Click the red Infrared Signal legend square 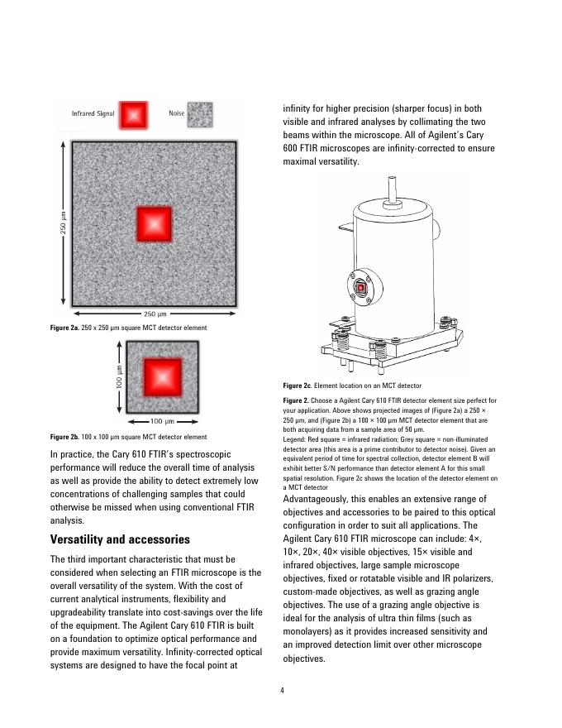[133, 114]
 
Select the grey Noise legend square [199, 114]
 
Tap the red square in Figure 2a [155, 223]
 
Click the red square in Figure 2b [163, 378]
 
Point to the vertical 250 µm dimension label [63, 223]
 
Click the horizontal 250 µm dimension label [155, 314]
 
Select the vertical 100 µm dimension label [120, 378]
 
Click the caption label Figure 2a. [64, 328]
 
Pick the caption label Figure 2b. [64, 437]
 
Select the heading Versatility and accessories [120, 539]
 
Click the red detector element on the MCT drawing [360, 287]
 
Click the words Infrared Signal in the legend [93, 113]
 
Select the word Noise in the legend [176, 113]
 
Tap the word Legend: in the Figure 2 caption [295, 439]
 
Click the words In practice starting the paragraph [73, 455]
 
